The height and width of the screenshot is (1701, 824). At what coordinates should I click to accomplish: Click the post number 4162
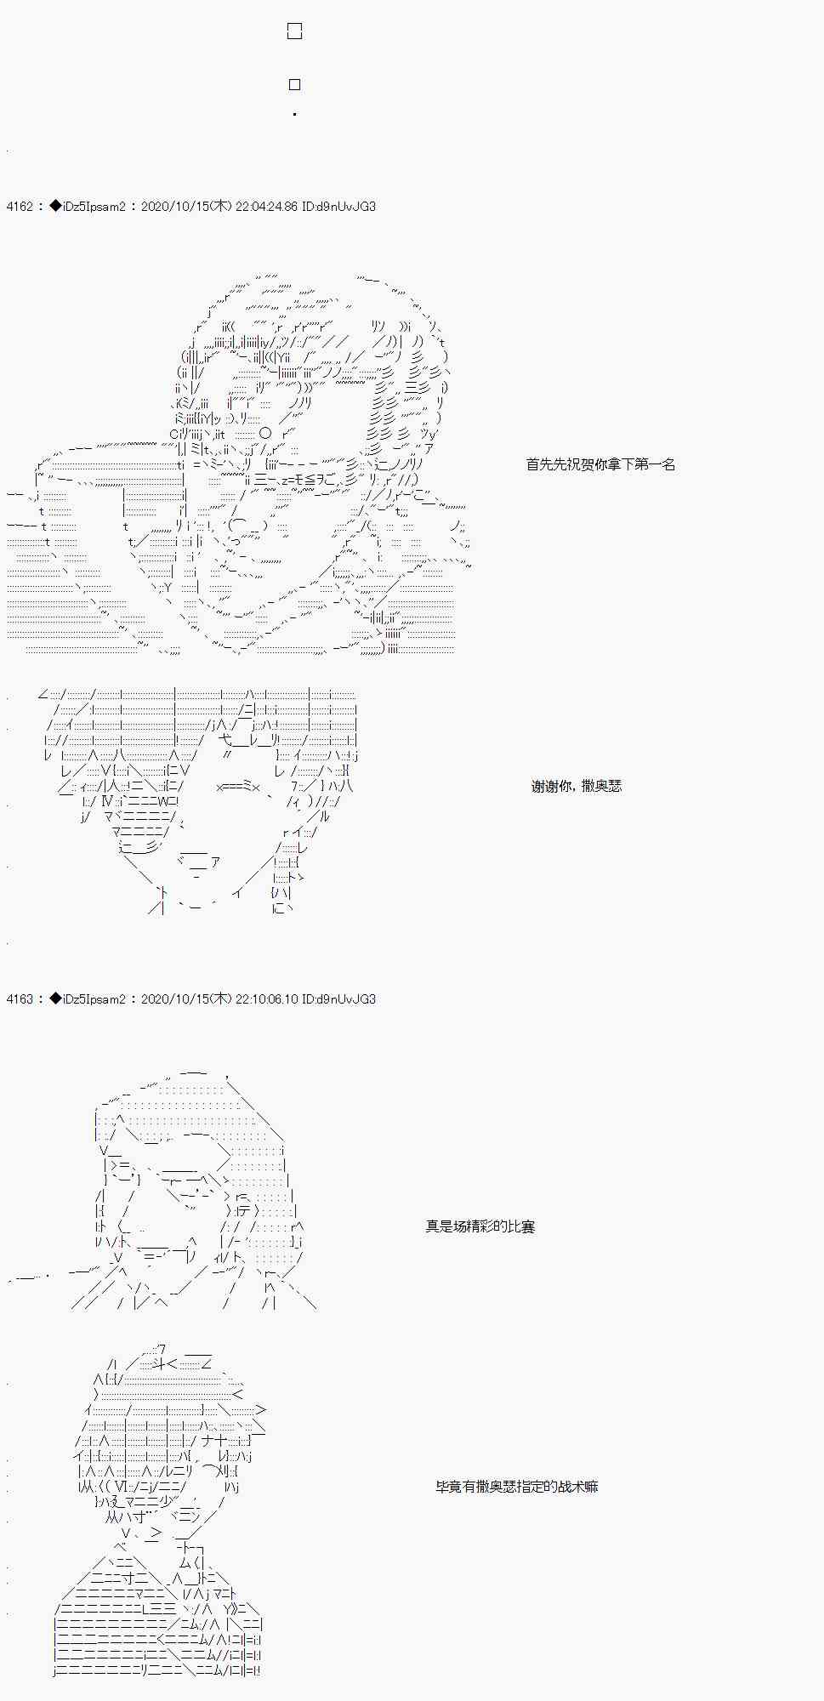pyautogui.click(x=19, y=207)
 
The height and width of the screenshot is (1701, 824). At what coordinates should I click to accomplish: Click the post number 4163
pyautogui.click(x=19, y=999)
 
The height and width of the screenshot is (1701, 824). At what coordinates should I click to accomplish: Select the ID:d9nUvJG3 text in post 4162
pyautogui.click(x=338, y=207)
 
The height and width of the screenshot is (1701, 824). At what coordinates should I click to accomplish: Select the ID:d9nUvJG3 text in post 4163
pyautogui.click(x=338, y=999)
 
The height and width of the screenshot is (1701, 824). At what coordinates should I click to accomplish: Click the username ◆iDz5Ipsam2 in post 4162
pyautogui.click(x=88, y=207)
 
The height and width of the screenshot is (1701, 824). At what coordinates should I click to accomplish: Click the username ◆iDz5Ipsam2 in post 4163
pyautogui.click(x=88, y=999)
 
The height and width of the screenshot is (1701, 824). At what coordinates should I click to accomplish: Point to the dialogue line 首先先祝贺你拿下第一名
pyautogui.click(x=600, y=464)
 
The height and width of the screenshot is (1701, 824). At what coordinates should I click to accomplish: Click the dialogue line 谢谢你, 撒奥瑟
pyautogui.click(x=577, y=787)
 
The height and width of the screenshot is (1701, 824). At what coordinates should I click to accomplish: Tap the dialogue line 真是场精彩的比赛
pyautogui.click(x=480, y=1226)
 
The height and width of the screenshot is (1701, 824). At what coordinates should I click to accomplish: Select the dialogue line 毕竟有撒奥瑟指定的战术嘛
pyautogui.click(x=516, y=1487)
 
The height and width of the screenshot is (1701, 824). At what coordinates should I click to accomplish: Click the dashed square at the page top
pyautogui.click(x=295, y=31)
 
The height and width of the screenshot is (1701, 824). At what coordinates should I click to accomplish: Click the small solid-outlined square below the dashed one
pyautogui.click(x=295, y=84)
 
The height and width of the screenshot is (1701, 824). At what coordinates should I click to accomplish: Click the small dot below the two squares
pyautogui.click(x=294, y=114)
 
